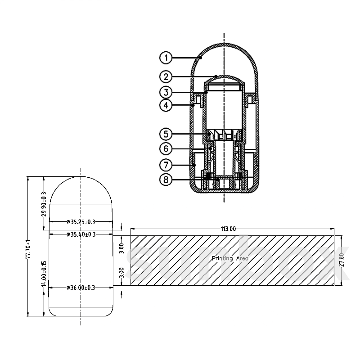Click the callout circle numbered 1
[166, 58]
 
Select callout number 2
[166, 76]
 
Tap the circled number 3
[166, 92]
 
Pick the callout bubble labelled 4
[166, 105]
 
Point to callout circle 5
[166, 134]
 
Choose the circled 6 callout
[166, 149]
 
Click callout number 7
[166, 165]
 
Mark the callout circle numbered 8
[166, 180]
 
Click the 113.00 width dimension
[228, 229]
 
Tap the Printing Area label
[230, 259]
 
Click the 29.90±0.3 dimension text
[44, 204]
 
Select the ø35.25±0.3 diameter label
[81, 222]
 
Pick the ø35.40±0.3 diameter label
[81, 234]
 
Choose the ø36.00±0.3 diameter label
[81, 288]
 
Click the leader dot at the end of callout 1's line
[200, 58]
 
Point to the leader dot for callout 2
[216, 76]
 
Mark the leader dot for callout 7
[194, 165]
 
